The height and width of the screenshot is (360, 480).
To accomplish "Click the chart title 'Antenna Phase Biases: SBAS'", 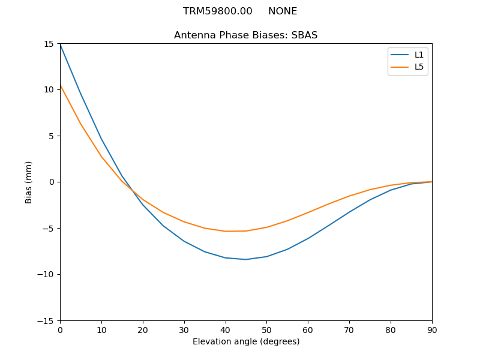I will point(245,35).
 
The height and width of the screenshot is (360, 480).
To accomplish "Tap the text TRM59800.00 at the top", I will point(217,11).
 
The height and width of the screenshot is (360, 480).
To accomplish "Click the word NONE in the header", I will point(283,11).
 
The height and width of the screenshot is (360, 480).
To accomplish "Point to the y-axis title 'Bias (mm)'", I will point(29,182).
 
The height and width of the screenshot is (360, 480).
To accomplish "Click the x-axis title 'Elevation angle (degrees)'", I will point(246,341).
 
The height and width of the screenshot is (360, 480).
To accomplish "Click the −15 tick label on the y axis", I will point(46,320).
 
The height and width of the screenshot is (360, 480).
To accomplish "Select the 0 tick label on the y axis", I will point(52,182).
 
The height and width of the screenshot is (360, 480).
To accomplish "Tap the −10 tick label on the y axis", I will point(46,274).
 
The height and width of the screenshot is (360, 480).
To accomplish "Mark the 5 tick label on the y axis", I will point(52,136).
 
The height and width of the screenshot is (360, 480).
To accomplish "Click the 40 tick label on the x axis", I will point(226,329).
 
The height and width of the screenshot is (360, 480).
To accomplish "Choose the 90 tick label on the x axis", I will point(432,329).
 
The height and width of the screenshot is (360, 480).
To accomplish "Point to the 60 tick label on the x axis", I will point(308,329).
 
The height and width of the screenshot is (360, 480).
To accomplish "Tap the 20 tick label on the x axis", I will point(143,329).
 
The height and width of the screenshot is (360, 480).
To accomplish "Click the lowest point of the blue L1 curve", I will point(246,259).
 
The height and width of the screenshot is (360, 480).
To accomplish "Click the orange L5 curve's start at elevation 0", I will point(60,85).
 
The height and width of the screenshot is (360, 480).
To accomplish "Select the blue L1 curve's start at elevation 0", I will point(60,44).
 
